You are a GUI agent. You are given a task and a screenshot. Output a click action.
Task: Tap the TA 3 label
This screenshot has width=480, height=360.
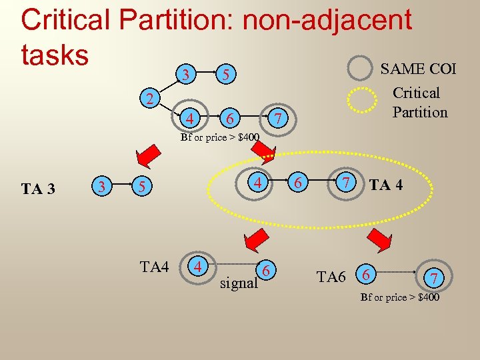click(38, 189)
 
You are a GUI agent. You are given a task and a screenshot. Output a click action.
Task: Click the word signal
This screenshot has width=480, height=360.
click(239, 283)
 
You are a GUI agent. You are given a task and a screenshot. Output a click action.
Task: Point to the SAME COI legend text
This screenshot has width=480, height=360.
click(418, 69)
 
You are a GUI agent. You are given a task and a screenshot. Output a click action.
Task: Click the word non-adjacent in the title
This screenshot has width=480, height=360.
click(327, 19)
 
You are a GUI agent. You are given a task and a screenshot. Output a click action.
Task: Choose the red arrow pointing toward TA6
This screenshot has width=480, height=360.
click(380, 239)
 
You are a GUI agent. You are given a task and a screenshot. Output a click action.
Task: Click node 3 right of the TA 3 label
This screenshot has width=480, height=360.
click(101, 187)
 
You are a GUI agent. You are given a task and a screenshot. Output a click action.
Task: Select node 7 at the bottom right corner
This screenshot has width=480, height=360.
click(434, 277)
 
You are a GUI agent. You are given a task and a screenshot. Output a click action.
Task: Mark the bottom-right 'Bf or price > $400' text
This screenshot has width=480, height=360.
click(400, 297)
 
